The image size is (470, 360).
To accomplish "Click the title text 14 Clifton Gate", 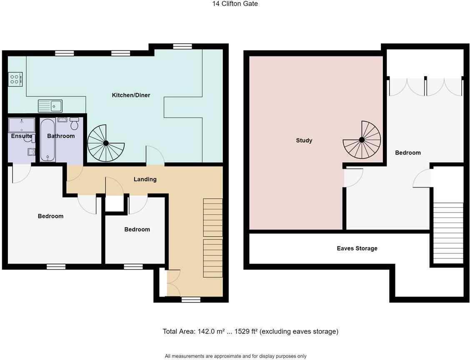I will click(235, 4).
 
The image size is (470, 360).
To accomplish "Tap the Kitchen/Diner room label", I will click(131, 95).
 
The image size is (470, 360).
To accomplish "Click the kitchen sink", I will click(50, 106).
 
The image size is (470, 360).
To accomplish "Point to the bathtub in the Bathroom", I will click(48, 140).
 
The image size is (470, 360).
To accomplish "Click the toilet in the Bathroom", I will click(75, 124).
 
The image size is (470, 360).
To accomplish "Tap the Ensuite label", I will click(21, 136).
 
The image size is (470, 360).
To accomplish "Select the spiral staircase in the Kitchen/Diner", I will click(106, 143).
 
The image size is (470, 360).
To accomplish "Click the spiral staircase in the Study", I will click(362, 140).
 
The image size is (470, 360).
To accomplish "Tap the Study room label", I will click(304, 141).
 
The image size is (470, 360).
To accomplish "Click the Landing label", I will click(145, 180).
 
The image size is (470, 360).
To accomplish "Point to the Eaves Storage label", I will click(357, 249).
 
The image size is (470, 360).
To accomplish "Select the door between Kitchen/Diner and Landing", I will click(155, 156).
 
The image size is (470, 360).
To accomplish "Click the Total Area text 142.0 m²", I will click(207, 332).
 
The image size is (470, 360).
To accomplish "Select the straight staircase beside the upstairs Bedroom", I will click(448, 233).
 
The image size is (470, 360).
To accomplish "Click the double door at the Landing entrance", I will click(172, 283).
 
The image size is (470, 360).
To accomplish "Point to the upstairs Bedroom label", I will click(408, 153).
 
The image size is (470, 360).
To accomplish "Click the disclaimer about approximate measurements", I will click(235, 356).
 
